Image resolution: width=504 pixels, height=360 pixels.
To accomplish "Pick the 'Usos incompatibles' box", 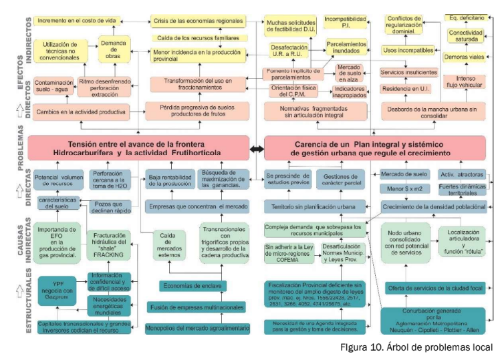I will [408, 49].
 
